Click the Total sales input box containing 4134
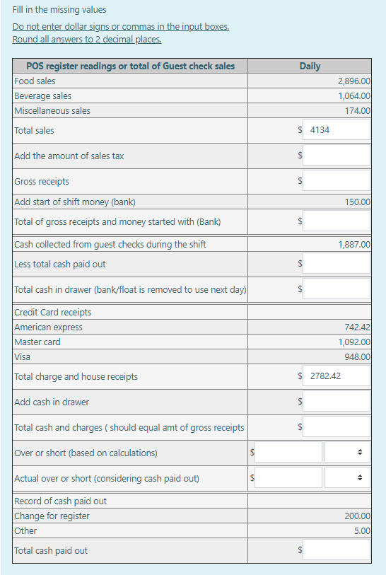click(x=337, y=130)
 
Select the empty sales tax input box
click(x=337, y=155)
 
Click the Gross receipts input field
click(x=337, y=181)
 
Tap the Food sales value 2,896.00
click(x=354, y=81)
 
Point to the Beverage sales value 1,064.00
click(x=354, y=96)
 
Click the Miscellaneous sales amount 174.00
click(x=358, y=111)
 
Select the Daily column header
click(x=310, y=66)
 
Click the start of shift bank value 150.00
click(x=358, y=202)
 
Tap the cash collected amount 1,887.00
click(x=354, y=245)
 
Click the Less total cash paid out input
click(x=337, y=264)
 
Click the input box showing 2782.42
click(x=337, y=376)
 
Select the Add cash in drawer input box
click(x=337, y=402)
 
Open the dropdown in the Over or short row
click(x=347, y=453)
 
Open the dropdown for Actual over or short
click(x=347, y=478)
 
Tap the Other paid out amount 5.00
click(x=362, y=531)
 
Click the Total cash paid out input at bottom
click(x=337, y=550)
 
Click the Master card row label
click(x=37, y=342)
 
